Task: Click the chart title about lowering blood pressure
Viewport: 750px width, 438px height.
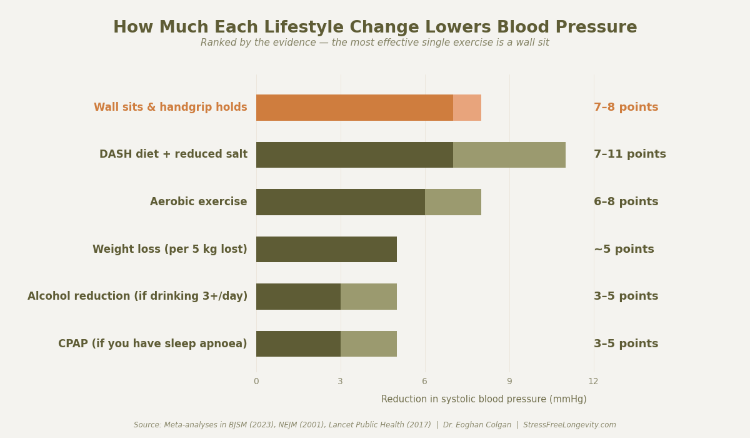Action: point(375,28)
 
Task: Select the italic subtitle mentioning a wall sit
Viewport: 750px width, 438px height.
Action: point(375,43)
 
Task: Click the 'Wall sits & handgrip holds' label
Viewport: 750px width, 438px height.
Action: point(170,108)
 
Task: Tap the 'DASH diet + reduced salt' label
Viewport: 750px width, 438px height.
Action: point(173,155)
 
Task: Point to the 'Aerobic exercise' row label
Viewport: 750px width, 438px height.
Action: point(198,202)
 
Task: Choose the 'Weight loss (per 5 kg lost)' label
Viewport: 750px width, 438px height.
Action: point(169,250)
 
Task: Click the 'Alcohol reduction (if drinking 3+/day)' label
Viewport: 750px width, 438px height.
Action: point(137,297)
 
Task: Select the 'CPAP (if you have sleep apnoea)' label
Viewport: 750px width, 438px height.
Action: point(152,344)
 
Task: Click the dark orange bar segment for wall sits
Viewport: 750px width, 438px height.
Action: point(354,108)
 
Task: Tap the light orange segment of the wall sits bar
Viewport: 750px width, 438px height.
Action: point(467,108)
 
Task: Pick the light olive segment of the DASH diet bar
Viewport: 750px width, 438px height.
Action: point(509,155)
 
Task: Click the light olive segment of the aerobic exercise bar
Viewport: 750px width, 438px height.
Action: point(452,202)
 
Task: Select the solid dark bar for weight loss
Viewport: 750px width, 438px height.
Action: point(326,250)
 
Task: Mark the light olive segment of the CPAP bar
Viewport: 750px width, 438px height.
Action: point(368,344)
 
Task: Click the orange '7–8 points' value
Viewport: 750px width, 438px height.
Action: point(626,108)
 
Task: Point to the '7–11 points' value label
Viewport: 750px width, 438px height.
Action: point(629,155)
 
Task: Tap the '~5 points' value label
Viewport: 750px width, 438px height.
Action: point(624,250)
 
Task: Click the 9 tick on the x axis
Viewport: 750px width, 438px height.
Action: point(509,382)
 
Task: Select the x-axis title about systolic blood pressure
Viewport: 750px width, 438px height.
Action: point(484,399)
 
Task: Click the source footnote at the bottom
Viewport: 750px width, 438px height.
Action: point(375,425)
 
